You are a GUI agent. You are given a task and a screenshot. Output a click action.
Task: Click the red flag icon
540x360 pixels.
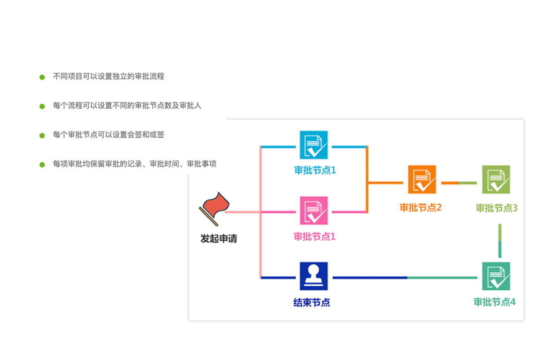(213, 208)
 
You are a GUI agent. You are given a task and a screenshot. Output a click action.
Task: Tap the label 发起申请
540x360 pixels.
(219, 238)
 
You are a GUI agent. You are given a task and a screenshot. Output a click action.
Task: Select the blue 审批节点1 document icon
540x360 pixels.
(314, 145)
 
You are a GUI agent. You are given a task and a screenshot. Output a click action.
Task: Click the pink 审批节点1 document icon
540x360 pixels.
(314, 210)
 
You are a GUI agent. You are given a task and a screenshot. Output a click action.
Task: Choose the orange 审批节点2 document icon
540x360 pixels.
(422, 179)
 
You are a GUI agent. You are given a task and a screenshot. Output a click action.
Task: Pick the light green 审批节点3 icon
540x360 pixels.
(496, 179)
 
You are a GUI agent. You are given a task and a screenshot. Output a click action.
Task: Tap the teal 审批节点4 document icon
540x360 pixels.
(496, 276)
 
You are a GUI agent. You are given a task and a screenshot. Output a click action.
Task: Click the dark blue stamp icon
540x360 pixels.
(314, 276)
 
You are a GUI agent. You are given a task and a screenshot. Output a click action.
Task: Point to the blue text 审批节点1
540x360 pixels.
(315, 171)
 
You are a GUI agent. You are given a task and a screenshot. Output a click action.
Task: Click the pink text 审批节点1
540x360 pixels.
(315, 236)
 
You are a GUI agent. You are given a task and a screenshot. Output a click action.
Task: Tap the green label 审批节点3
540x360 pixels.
(497, 208)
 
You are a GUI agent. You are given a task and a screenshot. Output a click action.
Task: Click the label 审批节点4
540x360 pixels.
(494, 302)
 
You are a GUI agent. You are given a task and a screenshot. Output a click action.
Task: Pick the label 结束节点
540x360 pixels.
(311, 302)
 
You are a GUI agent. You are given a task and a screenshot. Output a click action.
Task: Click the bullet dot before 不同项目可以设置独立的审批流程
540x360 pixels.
(42, 77)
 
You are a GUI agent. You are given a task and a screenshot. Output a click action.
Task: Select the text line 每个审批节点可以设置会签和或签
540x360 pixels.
(108, 135)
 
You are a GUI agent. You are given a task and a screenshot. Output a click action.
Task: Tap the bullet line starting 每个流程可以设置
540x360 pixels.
(127, 106)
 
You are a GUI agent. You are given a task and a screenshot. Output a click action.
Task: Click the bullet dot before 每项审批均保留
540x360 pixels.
(42, 164)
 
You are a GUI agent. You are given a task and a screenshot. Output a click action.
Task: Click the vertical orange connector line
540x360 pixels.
(367, 180)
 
